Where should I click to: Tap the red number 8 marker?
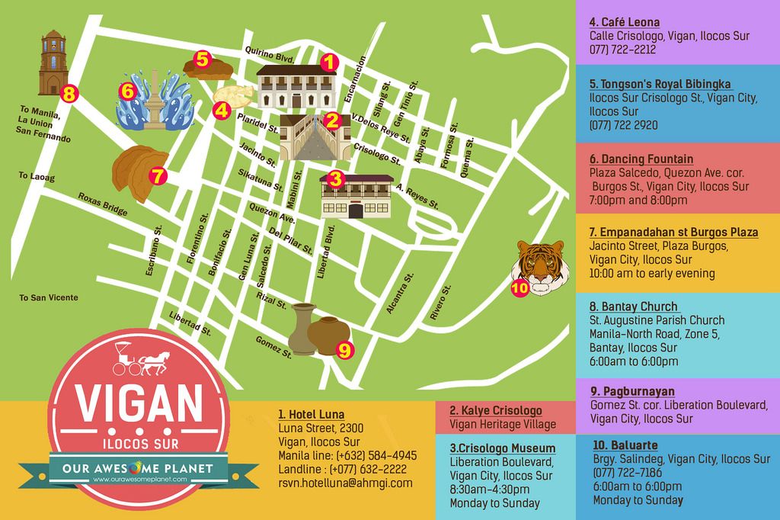tap(69, 95)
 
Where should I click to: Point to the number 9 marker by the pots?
tap(344, 350)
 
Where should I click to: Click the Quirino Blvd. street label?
tap(269, 54)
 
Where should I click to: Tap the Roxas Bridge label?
tap(102, 204)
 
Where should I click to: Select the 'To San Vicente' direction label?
tap(49, 297)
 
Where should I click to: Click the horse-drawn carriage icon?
tap(141, 358)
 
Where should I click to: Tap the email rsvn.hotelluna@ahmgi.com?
tap(345, 483)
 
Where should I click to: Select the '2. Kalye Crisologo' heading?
tap(496, 410)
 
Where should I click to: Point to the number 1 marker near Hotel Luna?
tap(328, 63)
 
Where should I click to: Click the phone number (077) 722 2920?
tap(623, 125)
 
